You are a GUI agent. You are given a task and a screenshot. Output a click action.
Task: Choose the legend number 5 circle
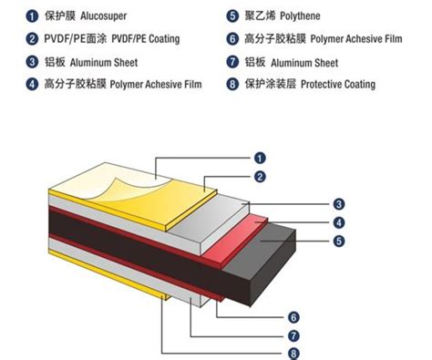[x=233, y=15]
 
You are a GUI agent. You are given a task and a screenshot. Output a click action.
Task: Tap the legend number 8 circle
[x=233, y=86]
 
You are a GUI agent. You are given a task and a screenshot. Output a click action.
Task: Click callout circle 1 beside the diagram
[x=258, y=157]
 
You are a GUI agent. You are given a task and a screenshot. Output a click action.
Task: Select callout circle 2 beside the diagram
[x=261, y=176]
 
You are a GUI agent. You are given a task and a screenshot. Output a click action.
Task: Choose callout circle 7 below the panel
[x=293, y=334]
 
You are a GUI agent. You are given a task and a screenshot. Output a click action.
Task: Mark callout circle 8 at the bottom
[x=293, y=353]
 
